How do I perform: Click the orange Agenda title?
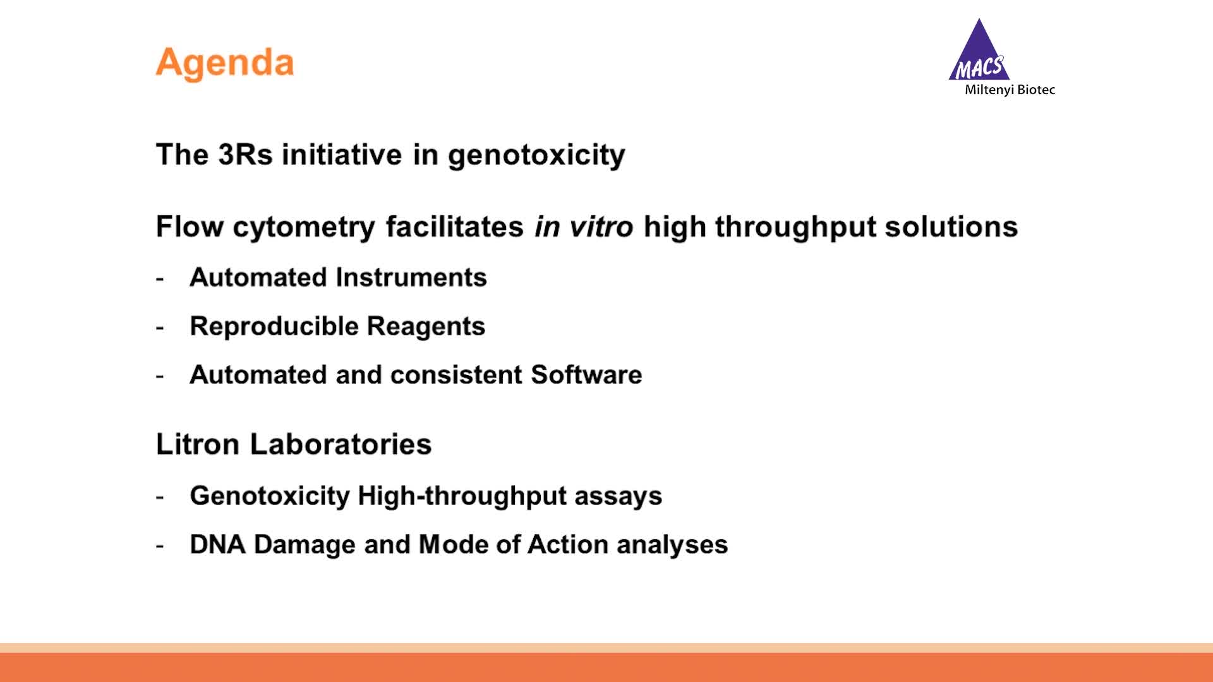tap(225, 63)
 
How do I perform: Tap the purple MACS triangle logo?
tap(979, 53)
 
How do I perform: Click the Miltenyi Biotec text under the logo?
tap(1010, 90)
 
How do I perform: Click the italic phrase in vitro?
tap(583, 227)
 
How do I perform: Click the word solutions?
tap(951, 227)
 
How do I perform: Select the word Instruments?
tap(411, 278)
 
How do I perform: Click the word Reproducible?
tap(274, 326)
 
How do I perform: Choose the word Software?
tap(586, 375)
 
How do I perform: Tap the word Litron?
tap(198, 445)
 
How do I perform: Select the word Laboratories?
tap(341, 445)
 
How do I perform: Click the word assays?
tap(618, 496)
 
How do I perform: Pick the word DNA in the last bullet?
tap(217, 545)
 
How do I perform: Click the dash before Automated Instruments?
tap(160, 278)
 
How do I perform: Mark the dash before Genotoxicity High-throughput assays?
tap(160, 497)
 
